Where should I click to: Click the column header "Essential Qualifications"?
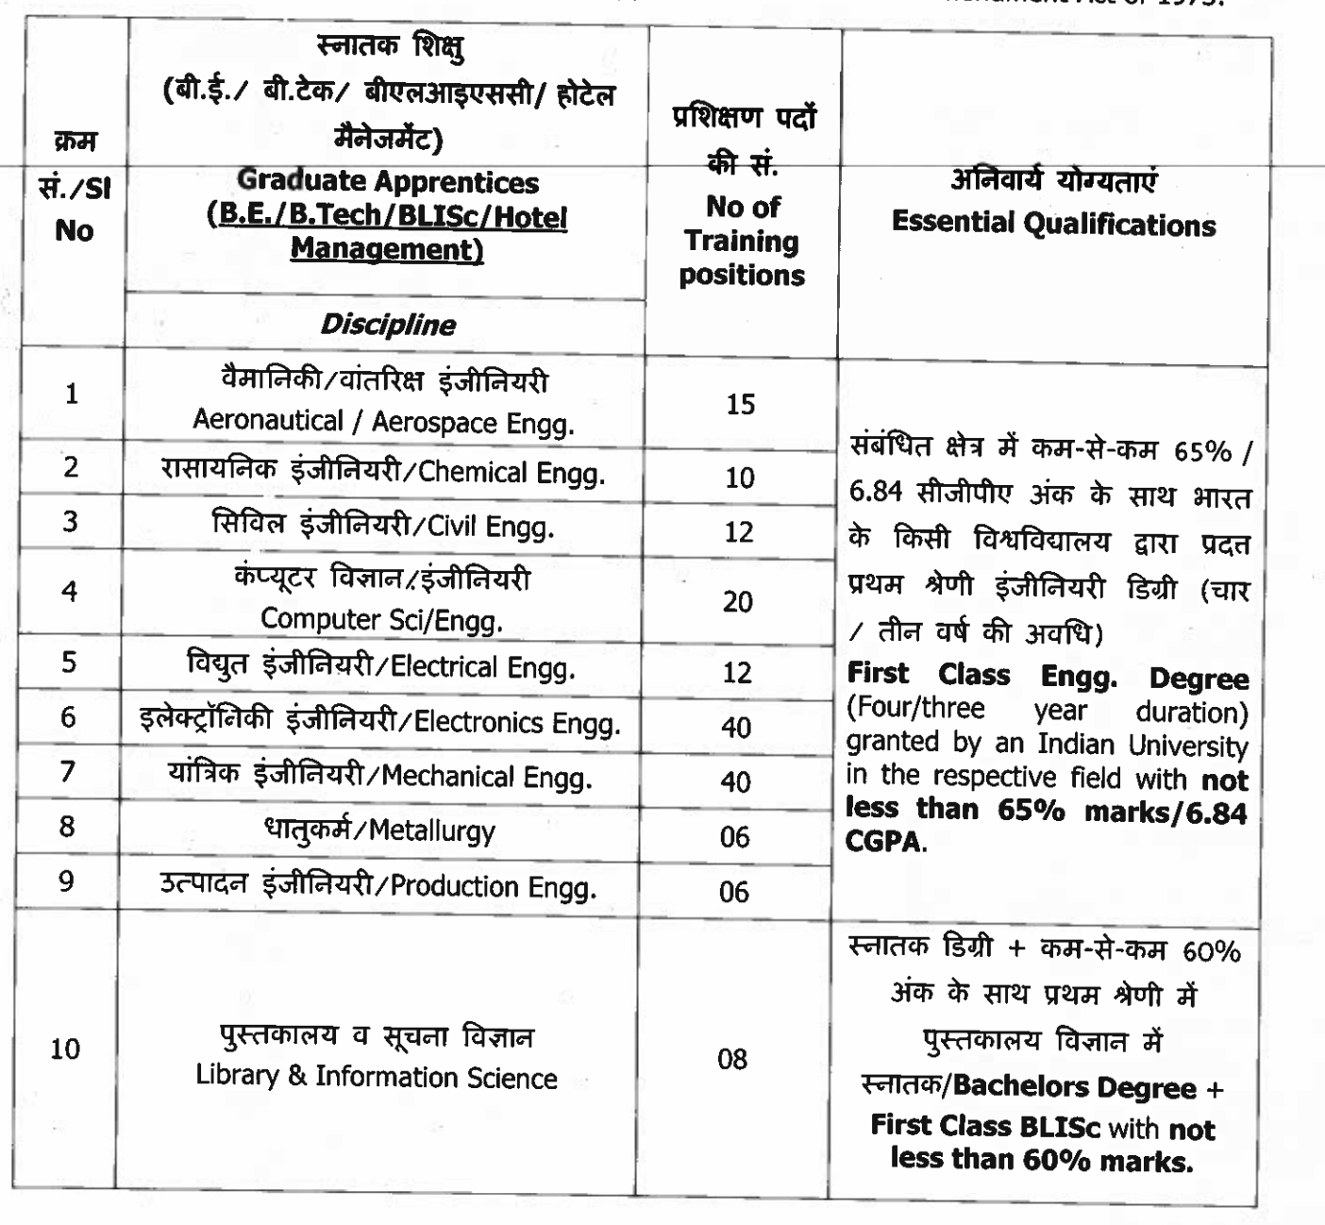coord(1053,224)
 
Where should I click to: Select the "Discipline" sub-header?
coord(388,325)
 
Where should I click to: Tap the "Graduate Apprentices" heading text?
coord(388,181)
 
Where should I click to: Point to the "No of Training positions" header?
coord(742,241)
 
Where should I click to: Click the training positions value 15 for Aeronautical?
coord(741,404)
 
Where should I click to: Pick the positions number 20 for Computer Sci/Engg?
coord(738,601)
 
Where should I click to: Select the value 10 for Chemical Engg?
coord(740,478)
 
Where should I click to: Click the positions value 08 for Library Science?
coord(732,1059)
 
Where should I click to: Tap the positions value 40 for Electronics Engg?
coord(736,728)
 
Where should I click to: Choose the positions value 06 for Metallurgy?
coord(734,837)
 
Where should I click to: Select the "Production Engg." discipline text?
coord(493,887)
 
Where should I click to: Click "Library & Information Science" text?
coord(377,1077)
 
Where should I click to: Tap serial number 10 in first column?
coord(65,1049)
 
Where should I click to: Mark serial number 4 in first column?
coord(69,592)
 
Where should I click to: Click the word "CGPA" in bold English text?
coord(883,842)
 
